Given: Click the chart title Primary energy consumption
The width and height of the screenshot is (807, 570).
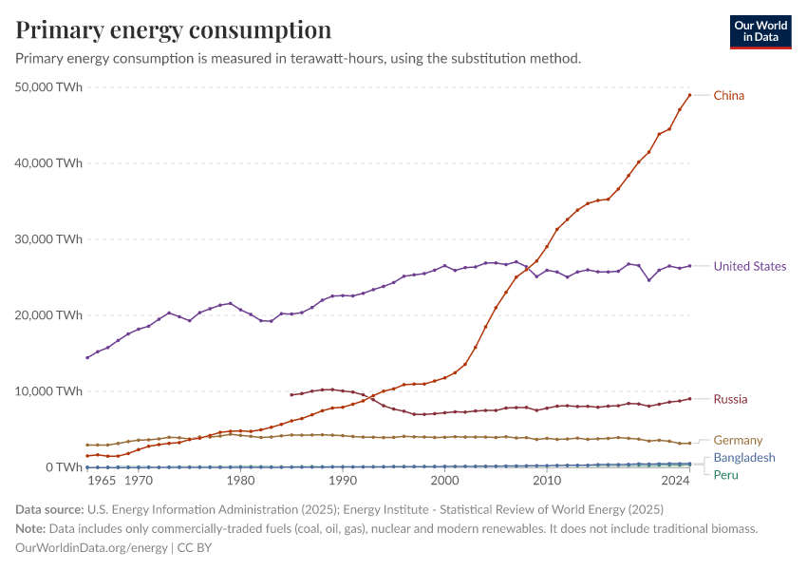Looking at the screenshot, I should click(x=174, y=29).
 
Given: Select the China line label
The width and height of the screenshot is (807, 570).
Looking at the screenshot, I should click(x=729, y=95).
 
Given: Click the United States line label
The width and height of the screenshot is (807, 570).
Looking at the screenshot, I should click(x=750, y=266).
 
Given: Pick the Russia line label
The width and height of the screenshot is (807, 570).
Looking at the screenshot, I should click(x=730, y=399).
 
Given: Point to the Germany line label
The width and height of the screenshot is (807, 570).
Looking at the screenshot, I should click(x=738, y=440).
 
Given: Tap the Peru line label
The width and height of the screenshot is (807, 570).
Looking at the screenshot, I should click(x=726, y=474).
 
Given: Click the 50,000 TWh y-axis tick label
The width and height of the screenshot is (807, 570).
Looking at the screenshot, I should click(x=50, y=87).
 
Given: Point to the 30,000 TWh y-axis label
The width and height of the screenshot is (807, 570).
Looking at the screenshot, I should click(x=50, y=239).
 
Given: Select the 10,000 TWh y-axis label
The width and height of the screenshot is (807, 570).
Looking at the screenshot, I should click(x=50, y=391).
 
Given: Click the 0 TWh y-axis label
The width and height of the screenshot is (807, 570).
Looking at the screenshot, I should click(x=62, y=467).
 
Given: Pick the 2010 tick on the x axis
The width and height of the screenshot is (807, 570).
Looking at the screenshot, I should click(x=547, y=482).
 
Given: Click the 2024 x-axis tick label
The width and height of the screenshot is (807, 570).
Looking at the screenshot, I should click(x=676, y=482).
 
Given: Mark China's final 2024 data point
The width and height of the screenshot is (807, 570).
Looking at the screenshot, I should click(x=689, y=95).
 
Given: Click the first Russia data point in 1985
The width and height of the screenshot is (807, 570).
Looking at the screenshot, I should click(x=291, y=395).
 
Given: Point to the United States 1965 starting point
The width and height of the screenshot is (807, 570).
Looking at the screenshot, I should click(x=87, y=358).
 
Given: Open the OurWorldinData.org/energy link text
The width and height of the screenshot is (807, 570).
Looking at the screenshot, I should click(x=91, y=547).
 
